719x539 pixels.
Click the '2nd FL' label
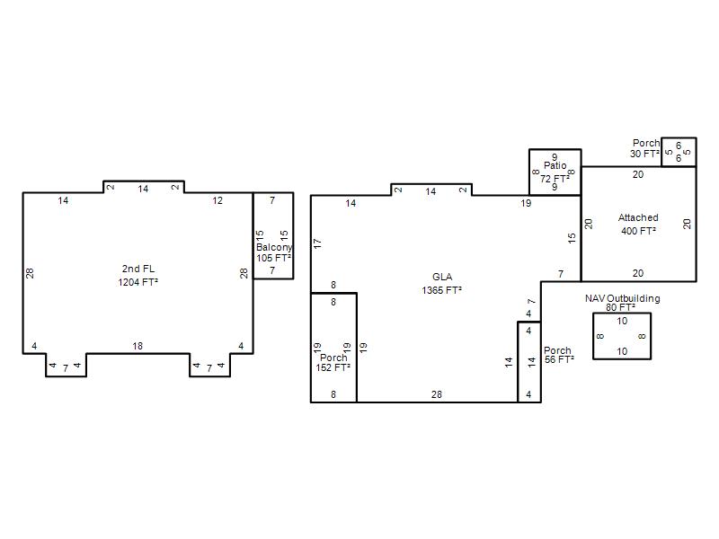coord(138,269)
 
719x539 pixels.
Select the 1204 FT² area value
coord(138,282)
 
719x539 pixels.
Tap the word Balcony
coord(274,248)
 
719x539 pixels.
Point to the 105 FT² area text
coord(273,258)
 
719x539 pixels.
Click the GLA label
coord(442,277)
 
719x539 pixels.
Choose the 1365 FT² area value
coord(441,290)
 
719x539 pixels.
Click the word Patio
coord(555,165)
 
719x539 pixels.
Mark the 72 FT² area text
coord(555,179)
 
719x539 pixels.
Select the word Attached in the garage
coord(638,217)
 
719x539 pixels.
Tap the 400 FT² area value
coord(638,231)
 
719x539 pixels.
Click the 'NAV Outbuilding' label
coord(622,298)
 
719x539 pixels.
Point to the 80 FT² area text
coord(620,307)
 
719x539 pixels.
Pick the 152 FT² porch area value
coord(333,367)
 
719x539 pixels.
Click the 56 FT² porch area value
coord(559,360)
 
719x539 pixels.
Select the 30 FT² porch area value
coord(644,154)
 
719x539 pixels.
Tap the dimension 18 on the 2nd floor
coord(138,346)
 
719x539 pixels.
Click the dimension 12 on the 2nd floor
coord(217,200)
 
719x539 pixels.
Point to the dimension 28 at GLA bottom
coord(437,394)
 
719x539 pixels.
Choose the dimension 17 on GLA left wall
coord(318,243)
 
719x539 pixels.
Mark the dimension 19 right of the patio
coord(526,203)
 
